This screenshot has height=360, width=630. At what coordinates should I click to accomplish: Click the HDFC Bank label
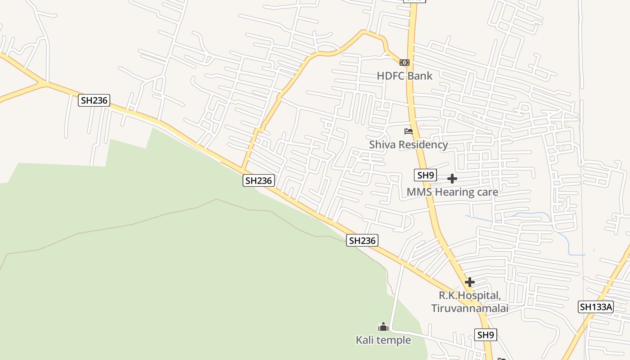405,76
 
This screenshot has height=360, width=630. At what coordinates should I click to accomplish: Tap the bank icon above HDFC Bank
405,63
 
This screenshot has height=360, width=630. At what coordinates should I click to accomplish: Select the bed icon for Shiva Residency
409,131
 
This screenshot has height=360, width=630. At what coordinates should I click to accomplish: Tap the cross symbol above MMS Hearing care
452,179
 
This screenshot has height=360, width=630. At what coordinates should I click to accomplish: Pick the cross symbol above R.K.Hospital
470,282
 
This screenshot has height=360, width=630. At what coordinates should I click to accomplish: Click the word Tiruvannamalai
470,308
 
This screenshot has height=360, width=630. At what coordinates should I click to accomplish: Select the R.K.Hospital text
470,296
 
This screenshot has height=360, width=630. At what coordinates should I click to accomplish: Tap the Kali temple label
383,340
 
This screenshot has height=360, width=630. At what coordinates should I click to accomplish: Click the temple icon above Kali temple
383,327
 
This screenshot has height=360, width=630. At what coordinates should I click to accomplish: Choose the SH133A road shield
596,307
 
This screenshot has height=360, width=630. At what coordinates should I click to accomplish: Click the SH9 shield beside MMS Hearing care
425,175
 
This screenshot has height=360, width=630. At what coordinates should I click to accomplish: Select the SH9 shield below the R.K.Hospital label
486,334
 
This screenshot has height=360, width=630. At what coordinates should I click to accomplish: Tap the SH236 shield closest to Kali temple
362,240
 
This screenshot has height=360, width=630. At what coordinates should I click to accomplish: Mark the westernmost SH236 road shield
94,100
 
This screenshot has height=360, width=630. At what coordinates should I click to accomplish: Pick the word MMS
418,192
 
